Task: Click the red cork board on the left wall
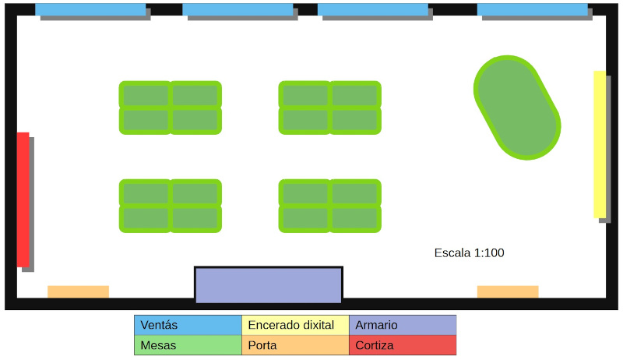[x=23, y=199]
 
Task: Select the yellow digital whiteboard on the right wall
[x=600, y=144]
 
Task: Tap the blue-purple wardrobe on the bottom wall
[x=268, y=285]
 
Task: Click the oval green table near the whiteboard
[x=517, y=108]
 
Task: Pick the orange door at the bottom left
[x=78, y=291]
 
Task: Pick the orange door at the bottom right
[x=508, y=291]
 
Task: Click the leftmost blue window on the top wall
[x=90, y=9]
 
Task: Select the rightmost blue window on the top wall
[x=532, y=9]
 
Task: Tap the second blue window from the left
[x=238, y=9]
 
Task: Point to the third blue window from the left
[x=373, y=9]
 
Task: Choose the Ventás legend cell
[x=188, y=325]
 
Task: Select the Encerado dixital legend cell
[x=295, y=325]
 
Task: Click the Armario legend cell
[x=402, y=325]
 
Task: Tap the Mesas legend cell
[x=188, y=345]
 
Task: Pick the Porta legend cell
[x=295, y=345]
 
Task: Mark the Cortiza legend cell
[x=402, y=345]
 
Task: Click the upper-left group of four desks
[x=170, y=108]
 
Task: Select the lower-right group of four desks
[x=330, y=206]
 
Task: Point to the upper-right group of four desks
[x=330, y=108]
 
